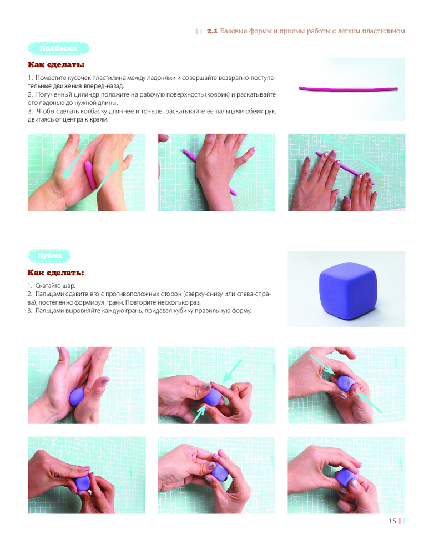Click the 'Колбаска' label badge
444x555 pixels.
click(x=58, y=48)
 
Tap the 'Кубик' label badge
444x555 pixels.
click(x=49, y=256)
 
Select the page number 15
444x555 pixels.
click(x=392, y=521)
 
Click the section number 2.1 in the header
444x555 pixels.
click(x=212, y=31)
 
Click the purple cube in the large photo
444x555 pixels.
click(x=347, y=290)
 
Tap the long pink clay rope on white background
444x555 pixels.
click(x=349, y=89)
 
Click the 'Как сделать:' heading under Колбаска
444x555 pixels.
click(x=56, y=65)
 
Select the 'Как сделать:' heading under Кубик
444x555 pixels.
click(x=56, y=273)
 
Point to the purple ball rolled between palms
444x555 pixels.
click(x=77, y=397)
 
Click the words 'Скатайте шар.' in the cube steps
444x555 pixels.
click(x=56, y=286)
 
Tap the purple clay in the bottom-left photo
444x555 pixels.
click(x=83, y=483)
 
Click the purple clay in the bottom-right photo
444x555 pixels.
click(x=346, y=478)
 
